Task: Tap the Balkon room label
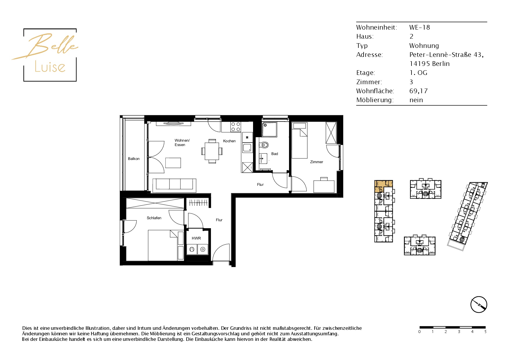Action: click(134, 159)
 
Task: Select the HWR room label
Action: click(196, 238)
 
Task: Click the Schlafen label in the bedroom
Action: click(154, 218)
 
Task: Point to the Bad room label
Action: click(275, 154)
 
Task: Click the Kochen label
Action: click(229, 141)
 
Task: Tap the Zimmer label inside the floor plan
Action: click(316, 162)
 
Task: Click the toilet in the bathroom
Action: click(264, 145)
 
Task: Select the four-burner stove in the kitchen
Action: click(235, 127)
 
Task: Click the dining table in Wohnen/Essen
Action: click(212, 151)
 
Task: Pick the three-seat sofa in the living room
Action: click(174, 186)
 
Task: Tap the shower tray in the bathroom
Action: click(270, 129)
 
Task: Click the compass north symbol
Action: click(479, 305)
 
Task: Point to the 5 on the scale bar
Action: click(485, 332)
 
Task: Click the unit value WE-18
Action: click(420, 27)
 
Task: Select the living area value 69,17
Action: click(418, 91)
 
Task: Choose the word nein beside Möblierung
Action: click(416, 100)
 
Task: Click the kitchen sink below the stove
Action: click(247, 148)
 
